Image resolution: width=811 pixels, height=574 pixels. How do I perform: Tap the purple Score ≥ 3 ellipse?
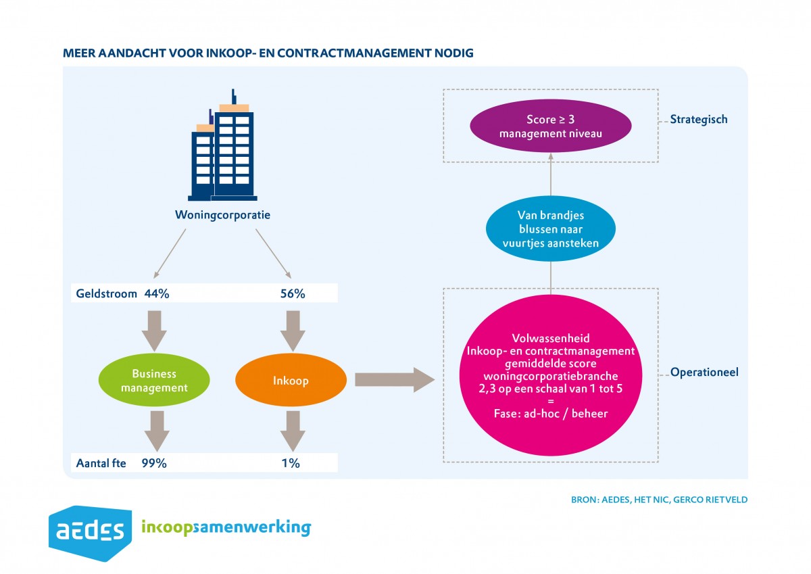coord(550,127)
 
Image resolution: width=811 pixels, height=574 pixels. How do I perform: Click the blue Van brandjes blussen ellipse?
coord(550,229)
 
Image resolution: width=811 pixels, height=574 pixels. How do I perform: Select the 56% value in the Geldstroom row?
coord(293,294)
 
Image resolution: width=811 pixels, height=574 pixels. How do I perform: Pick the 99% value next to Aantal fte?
coord(154,463)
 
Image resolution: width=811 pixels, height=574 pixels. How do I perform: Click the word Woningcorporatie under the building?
coord(223,216)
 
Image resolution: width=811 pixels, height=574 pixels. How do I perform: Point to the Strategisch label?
coord(698,120)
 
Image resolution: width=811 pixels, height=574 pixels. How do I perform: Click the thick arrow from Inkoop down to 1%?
coord(291,431)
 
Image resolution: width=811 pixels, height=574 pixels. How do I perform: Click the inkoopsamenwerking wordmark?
coord(226,527)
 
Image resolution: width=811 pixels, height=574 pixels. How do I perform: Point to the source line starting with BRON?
coord(659,500)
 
